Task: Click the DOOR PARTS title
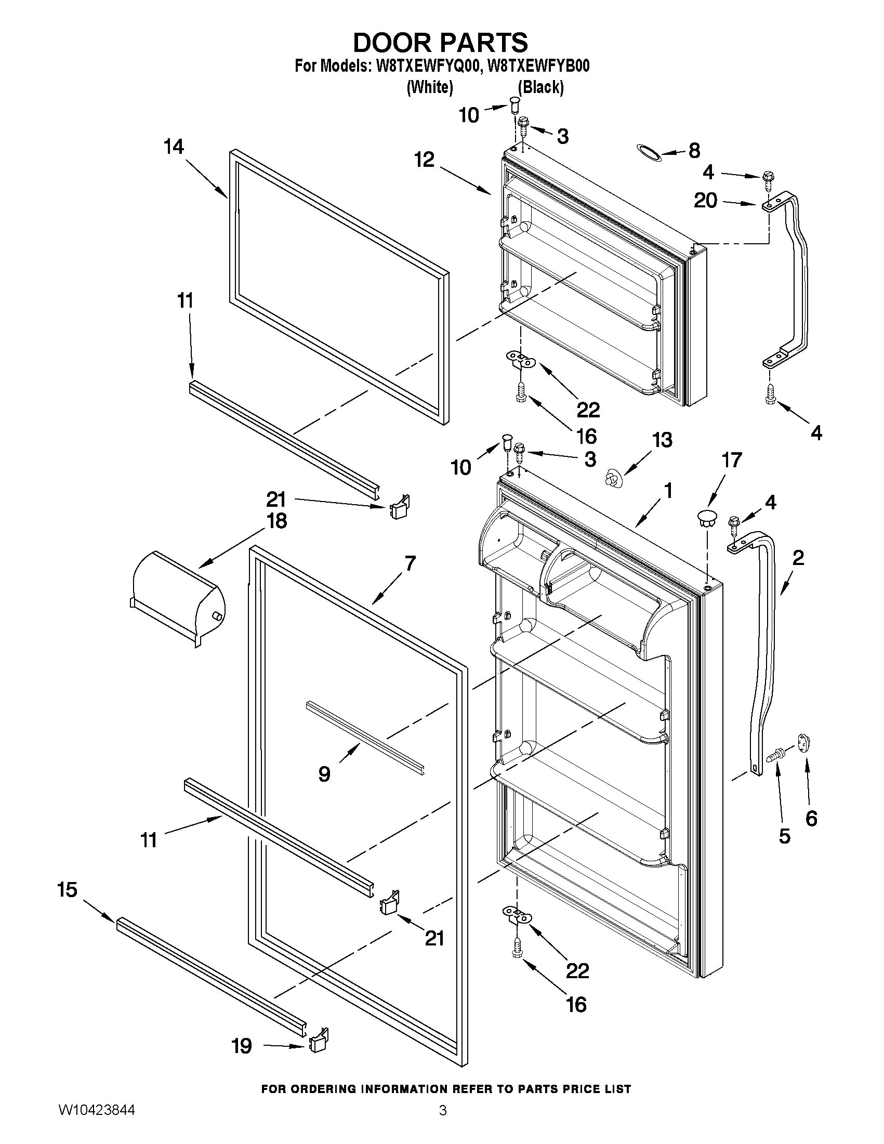coord(441,43)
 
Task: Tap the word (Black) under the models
coord(540,87)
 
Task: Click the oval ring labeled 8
coord(649,151)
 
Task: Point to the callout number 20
coord(705,200)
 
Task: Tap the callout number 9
coord(324,773)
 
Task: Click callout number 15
coord(68,889)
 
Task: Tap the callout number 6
coord(811,818)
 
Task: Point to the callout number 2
coord(798,558)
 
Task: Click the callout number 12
coord(425,160)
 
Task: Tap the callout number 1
coord(668,491)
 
